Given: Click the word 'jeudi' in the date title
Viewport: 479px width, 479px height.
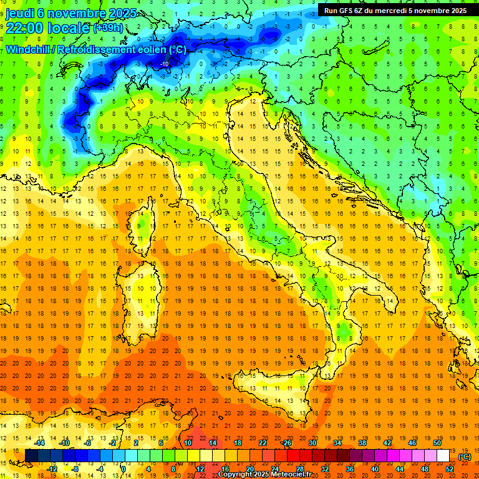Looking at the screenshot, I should pos(20,12).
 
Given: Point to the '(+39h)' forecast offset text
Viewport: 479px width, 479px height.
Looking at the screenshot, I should pos(108,28).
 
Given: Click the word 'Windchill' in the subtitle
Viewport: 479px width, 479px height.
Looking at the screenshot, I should pos(29,49).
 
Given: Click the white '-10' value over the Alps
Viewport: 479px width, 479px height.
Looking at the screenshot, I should pos(164,64).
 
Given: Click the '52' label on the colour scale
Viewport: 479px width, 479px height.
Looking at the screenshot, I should pos(450,468).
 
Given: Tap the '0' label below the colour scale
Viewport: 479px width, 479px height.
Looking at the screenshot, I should pos(123,468).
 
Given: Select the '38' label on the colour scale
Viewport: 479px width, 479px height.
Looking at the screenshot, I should pos(362,442).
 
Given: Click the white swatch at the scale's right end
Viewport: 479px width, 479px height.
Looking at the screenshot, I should pos(443,455).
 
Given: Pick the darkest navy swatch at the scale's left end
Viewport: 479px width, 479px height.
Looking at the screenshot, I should pos(31,455).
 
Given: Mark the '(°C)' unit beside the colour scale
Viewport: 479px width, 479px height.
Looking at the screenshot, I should pos(465,457).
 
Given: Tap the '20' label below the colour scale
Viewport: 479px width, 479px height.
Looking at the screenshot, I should pos(249,468).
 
